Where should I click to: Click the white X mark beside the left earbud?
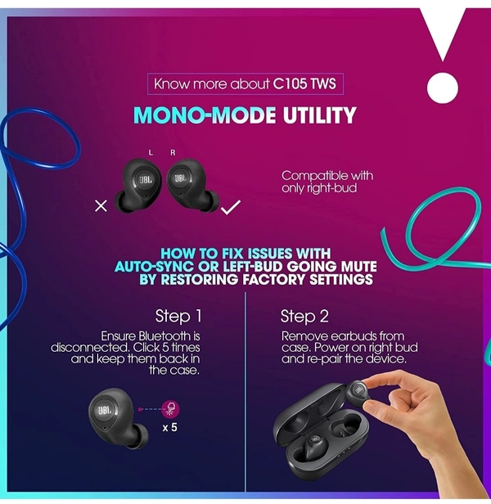click(x=101, y=206)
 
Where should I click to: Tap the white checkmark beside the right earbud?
click(x=231, y=207)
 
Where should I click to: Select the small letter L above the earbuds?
click(x=151, y=152)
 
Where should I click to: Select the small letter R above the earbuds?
click(x=173, y=153)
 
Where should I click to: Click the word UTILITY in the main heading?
click(x=319, y=115)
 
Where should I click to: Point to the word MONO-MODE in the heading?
click(x=205, y=115)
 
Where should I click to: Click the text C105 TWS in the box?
click(x=304, y=84)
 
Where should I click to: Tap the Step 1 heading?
click(x=178, y=316)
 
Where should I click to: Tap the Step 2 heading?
click(x=304, y=316)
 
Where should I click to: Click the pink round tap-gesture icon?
click(x=170, y=409)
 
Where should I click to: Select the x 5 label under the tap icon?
click(x=169, y=427)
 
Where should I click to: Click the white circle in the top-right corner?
click(x=442, y=88)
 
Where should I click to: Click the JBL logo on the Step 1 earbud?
click(x=105, y=411)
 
